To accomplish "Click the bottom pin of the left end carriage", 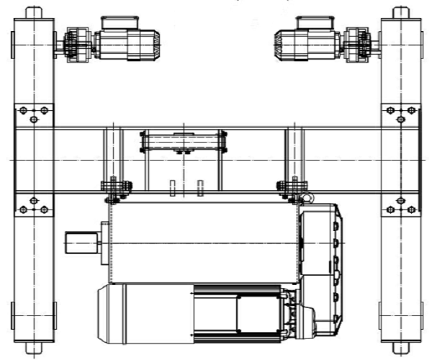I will point(31,351).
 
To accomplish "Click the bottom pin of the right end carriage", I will point(401,351).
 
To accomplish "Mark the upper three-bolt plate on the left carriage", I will point(32,113).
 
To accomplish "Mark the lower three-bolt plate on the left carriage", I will point(32,206).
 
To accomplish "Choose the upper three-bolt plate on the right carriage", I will point(400,113).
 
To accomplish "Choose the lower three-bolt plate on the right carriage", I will point(400,206).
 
